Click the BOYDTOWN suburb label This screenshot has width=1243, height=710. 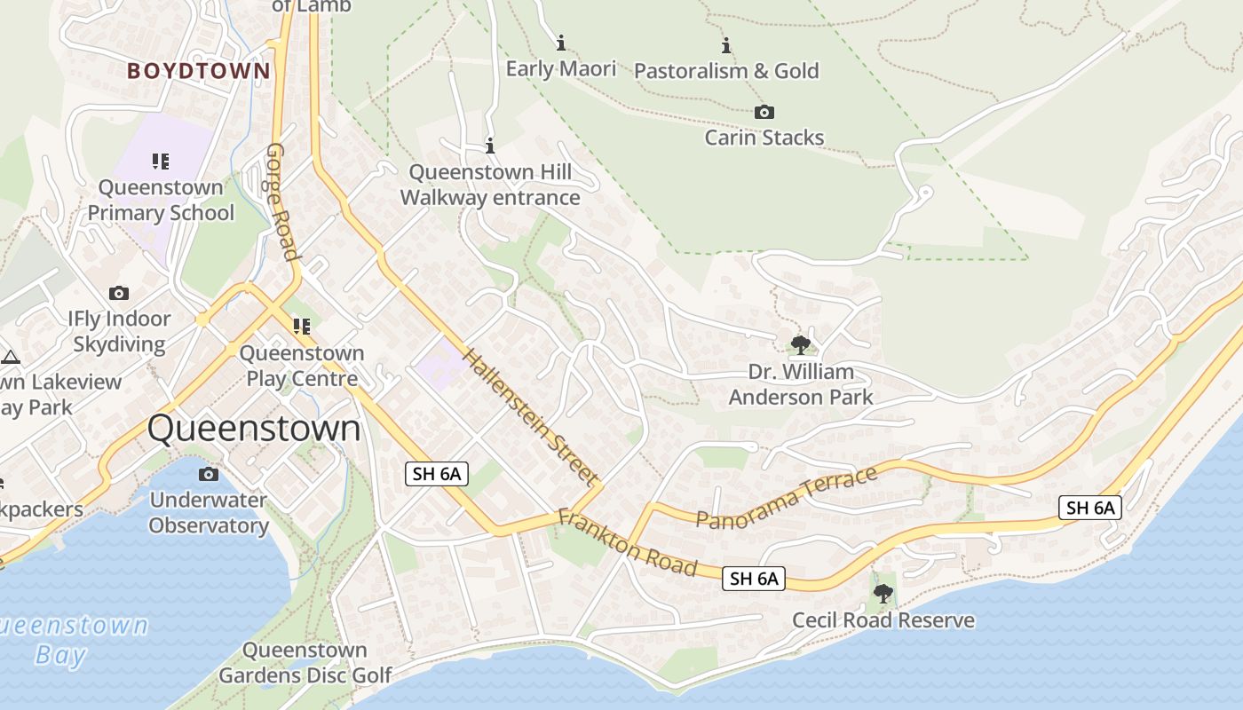tap(198, 71)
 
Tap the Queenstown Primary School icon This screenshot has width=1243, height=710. tap(161, 162)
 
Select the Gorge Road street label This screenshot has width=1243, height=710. tap(282, 201)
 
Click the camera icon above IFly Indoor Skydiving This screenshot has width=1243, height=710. tap(119, 293)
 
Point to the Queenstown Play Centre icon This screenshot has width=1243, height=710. tap(302, 327)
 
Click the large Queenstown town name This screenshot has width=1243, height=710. tap(254, 429)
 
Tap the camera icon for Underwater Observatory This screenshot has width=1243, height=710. tap(209, 474)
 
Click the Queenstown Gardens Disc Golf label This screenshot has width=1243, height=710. tap(305, 663)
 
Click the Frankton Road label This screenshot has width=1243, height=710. tap(627, 541)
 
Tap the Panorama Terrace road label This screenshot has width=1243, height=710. tap(787, 498)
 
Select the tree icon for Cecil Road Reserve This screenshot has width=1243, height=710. tap(883, 593)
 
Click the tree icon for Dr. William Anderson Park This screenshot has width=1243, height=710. tap(800, 344)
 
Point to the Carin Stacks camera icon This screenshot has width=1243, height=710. tap(764, 112)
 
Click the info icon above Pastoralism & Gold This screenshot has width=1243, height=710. tap(726, 45)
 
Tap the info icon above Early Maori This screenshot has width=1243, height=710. tap(560, 43)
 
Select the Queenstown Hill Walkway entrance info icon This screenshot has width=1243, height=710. tap(489, 146)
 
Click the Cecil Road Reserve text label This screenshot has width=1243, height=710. tap(883, 620)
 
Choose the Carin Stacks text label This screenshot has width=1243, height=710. tap(764, 138)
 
